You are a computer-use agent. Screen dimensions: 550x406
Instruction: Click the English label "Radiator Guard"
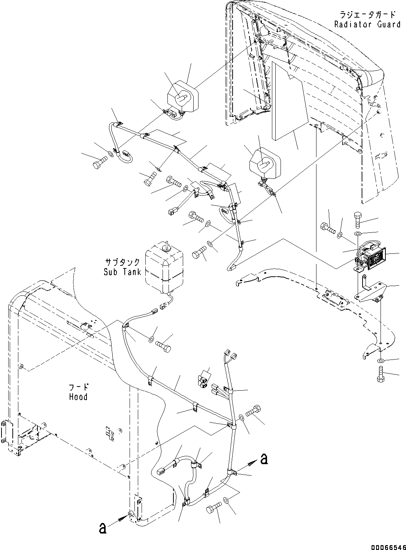pyautogui.click(x=367, y=24)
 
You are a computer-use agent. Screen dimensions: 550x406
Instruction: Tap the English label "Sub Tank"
pyautogui.click(x=122, y=271)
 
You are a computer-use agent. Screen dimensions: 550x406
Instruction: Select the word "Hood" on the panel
pyautogui.click(x=78, y=397)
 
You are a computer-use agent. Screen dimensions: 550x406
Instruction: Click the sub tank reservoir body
pyautogui.click(x=165, y=268)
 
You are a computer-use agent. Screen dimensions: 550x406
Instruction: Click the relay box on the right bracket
pyautogui.click(x=372, y=259)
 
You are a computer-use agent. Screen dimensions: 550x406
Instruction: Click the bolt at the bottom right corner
pyautogui.click(x=380, y=375)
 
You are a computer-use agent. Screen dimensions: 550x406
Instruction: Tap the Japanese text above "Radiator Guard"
pyautogui.click(x=367, y=15)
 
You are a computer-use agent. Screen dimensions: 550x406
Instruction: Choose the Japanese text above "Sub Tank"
pyautogui.click(x=122, y=262)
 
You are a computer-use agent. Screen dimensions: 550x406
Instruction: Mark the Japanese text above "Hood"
pyautogui.click(x=78, y=387)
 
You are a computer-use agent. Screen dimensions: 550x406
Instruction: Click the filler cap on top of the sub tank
pyautogui.click(x=165, y=247)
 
